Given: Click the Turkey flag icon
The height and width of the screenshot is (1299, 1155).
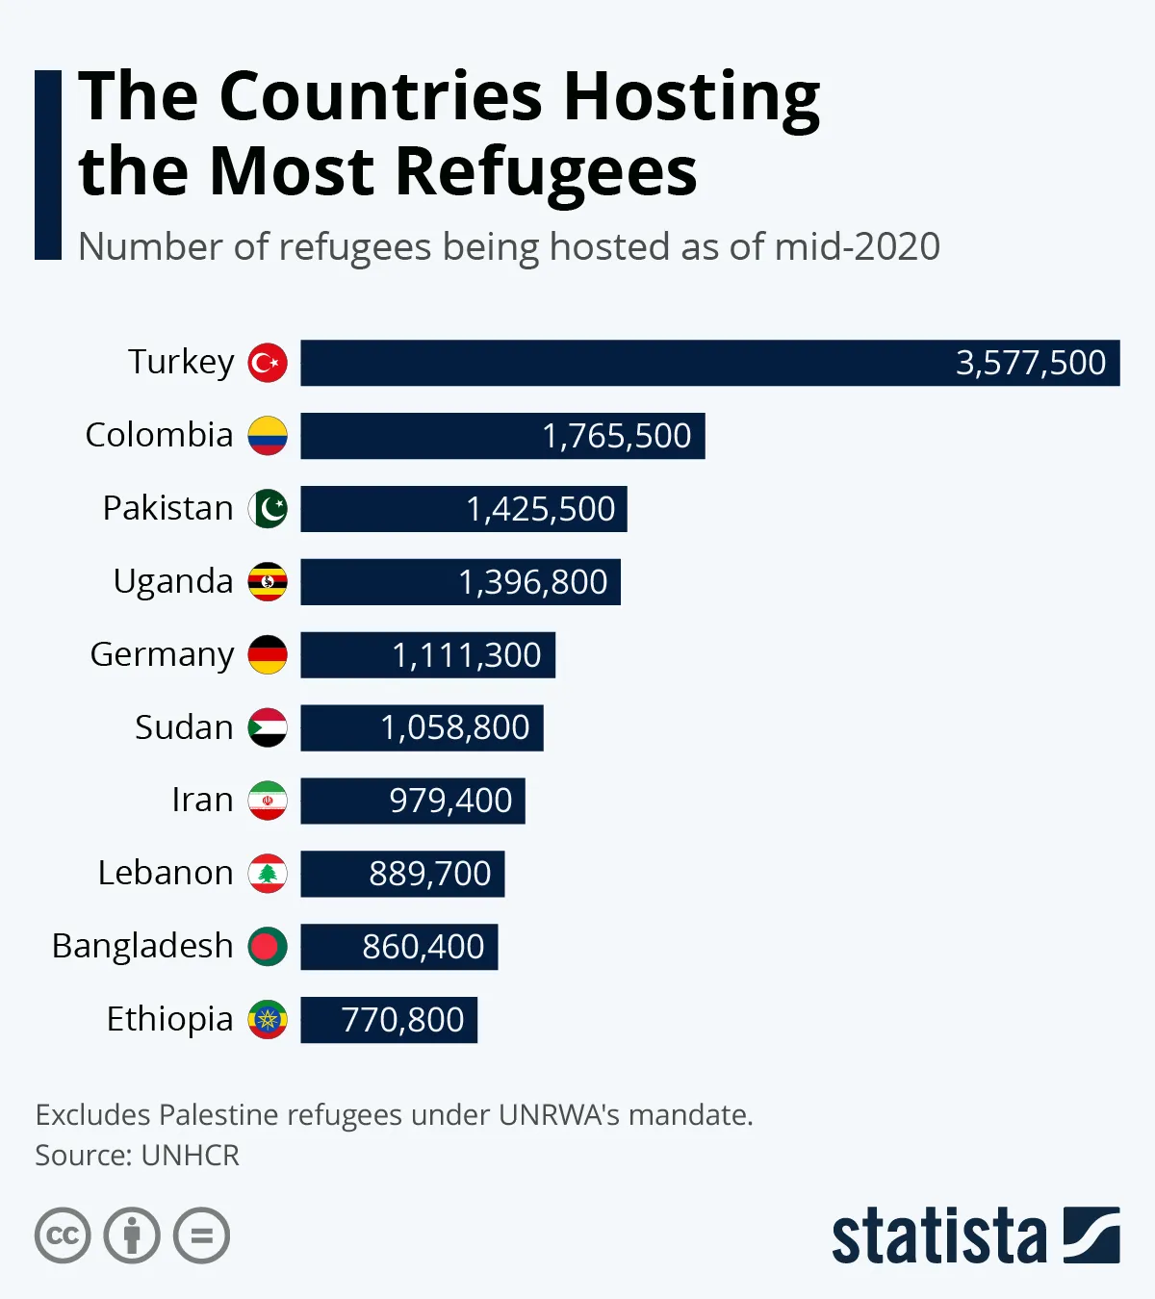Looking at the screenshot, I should (x=268, y=363).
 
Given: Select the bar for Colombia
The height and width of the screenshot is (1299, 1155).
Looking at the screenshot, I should (x=502, y=436).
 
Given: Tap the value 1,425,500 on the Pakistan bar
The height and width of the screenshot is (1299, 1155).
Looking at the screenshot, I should (x=540, y=509).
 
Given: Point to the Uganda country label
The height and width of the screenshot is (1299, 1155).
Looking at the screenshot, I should (x=173, y=581).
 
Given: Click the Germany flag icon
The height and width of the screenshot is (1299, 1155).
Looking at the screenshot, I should (x=268, y=654).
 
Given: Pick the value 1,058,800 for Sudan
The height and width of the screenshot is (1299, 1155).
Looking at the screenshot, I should (x=454, y=727).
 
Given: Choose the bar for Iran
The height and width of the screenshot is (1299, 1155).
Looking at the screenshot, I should (x=412, y=801).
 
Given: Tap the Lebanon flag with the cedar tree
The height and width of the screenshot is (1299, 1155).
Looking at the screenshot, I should (x=268, y=874).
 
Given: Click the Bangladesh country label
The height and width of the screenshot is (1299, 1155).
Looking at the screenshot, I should (x=142, y=946).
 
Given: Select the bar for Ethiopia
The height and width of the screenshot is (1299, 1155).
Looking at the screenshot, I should (x=389, y=1020).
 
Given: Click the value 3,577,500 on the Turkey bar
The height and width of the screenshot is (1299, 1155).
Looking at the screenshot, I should (x=1030, y=363).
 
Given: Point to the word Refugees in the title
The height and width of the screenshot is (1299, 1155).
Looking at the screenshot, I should (x=546, y=171).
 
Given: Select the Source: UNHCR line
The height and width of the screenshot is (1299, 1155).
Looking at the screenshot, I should (x=137, y=1155).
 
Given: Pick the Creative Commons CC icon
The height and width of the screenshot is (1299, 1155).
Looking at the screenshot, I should (x=63, y=1235).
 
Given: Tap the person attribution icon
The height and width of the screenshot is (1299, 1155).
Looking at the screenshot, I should (x=132, y=1235).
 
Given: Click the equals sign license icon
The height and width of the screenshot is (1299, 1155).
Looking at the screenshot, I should (x=201, y=1235).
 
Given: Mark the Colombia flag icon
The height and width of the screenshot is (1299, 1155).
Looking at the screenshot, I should (x=268, y=436).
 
